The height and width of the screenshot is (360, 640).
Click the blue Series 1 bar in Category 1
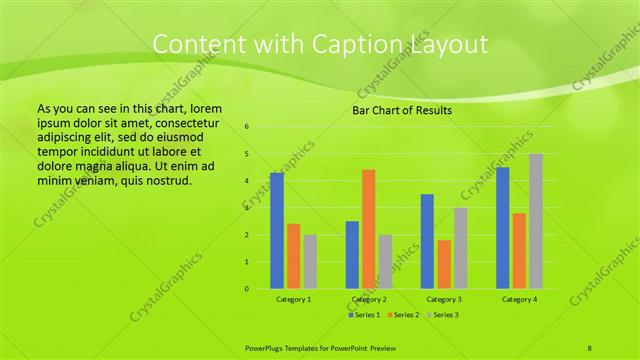[277, 231]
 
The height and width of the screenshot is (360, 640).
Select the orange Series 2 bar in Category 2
[369, 229]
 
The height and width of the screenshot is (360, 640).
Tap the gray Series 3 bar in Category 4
[536, 221]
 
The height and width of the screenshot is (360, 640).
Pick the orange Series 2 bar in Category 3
[444, 264]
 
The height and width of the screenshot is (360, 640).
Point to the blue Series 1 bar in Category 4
[503, 228]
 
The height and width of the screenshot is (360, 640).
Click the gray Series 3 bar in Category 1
[310, 262]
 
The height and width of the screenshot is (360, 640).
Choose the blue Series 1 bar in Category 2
[352, 255]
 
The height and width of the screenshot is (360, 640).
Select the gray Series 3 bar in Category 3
[461, 248]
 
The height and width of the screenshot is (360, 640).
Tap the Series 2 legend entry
[402, 315]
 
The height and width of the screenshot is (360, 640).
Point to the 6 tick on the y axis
[247, 127]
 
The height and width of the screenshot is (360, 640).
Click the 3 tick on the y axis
[247, 208]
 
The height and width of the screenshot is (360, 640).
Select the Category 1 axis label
[293, 299]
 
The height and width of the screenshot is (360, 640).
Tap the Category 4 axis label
[519, 299]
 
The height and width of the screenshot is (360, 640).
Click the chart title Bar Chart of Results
[402, 110]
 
